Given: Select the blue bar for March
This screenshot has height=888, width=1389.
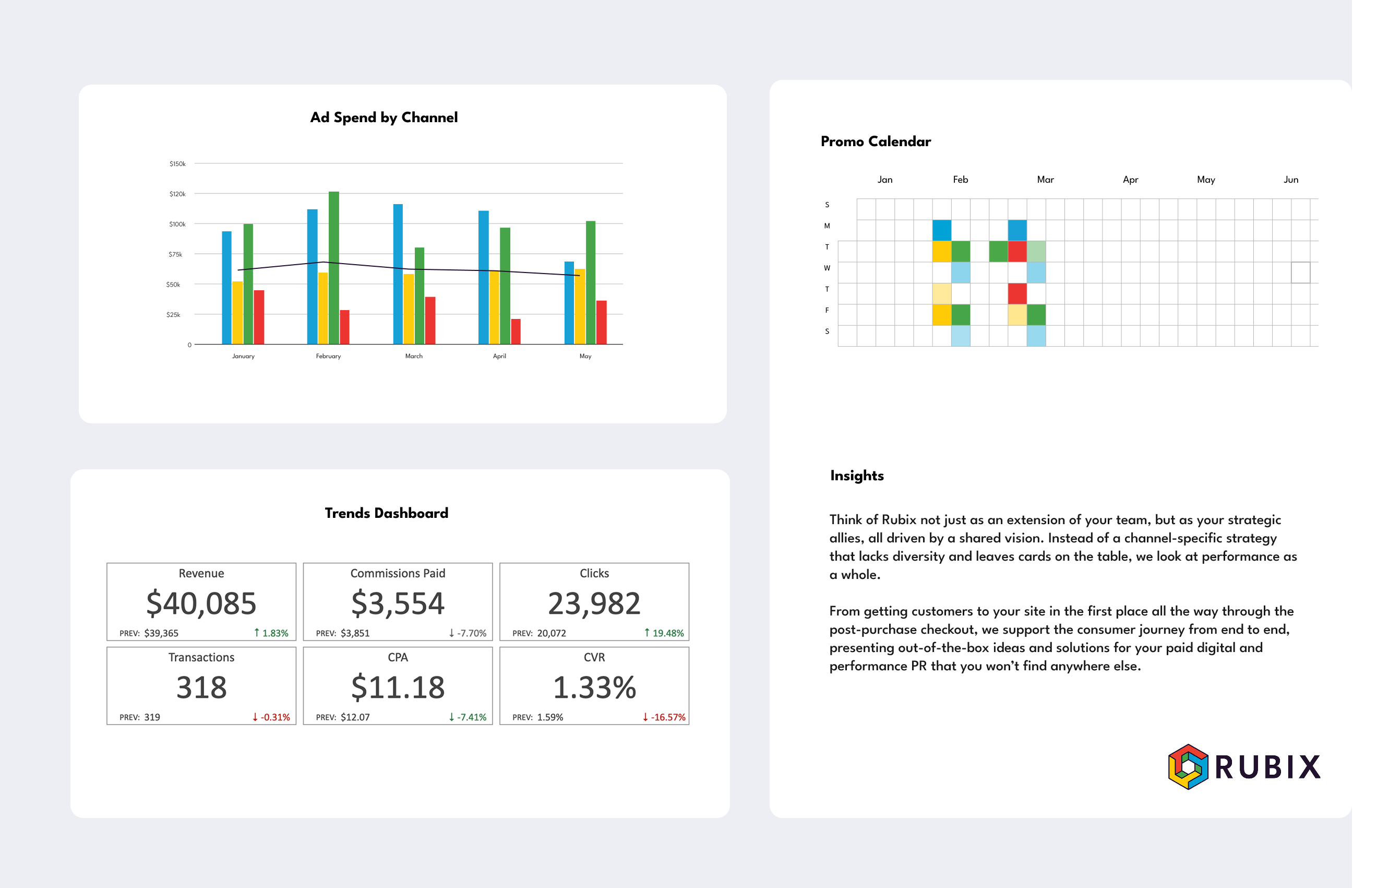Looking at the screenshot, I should (x=398, y=274).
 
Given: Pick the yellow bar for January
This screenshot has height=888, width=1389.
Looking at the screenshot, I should (x=237, y=312).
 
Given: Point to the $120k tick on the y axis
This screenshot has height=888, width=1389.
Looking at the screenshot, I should (x=177, y=194).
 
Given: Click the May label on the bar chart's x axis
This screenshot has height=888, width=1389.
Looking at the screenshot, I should (x=585, y=356).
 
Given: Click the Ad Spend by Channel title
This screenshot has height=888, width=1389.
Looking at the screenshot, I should (x=384, y=117).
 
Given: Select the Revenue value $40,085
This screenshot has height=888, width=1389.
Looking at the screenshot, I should (x=201, y=603).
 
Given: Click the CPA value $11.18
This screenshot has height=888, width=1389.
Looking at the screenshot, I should (x=398, y=687).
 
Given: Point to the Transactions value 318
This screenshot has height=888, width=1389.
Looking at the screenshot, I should (x=201, y=687).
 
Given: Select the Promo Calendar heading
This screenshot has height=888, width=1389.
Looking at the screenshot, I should (x=875, y=141).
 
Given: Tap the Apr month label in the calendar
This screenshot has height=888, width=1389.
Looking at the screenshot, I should (x=1130, y=180).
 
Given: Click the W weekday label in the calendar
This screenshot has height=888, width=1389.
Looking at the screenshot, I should (x=827, y=268).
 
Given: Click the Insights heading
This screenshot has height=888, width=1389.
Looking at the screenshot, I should (x=857, y=476).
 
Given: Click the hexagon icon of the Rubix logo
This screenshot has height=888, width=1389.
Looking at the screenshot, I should (x=1188, y=766).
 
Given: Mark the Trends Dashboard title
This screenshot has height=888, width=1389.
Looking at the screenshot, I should (x=386, y=513).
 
